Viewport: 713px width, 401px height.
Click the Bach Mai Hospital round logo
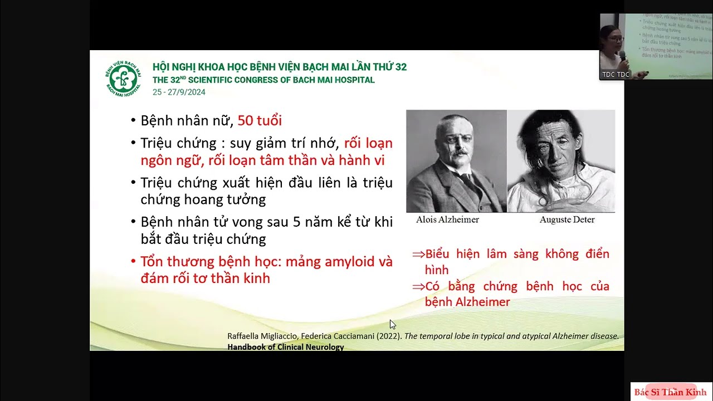[x=123, y=79]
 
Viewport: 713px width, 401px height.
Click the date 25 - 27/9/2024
[x=179, y=92]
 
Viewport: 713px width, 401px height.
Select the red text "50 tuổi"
[x=260, y=120]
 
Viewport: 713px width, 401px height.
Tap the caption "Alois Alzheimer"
[x=447, y=219]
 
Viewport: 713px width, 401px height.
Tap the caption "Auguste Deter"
[x=567, y=219]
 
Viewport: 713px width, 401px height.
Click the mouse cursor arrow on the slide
[x=392, y=324]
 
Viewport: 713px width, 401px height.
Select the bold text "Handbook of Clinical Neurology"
[x=286, y=347]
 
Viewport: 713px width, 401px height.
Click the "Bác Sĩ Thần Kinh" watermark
[x=670, y=392]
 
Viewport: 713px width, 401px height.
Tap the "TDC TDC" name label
[x=615, y=75]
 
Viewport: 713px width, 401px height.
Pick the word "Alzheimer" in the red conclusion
[x=482, y=302]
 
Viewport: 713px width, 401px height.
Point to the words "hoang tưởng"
[x=231, y=199]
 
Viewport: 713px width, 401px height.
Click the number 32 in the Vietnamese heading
[x=401, y=67]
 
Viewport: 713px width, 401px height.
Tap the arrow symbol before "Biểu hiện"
[x=418, y=255]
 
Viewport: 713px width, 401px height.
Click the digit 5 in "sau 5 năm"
[x=297, y=222]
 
